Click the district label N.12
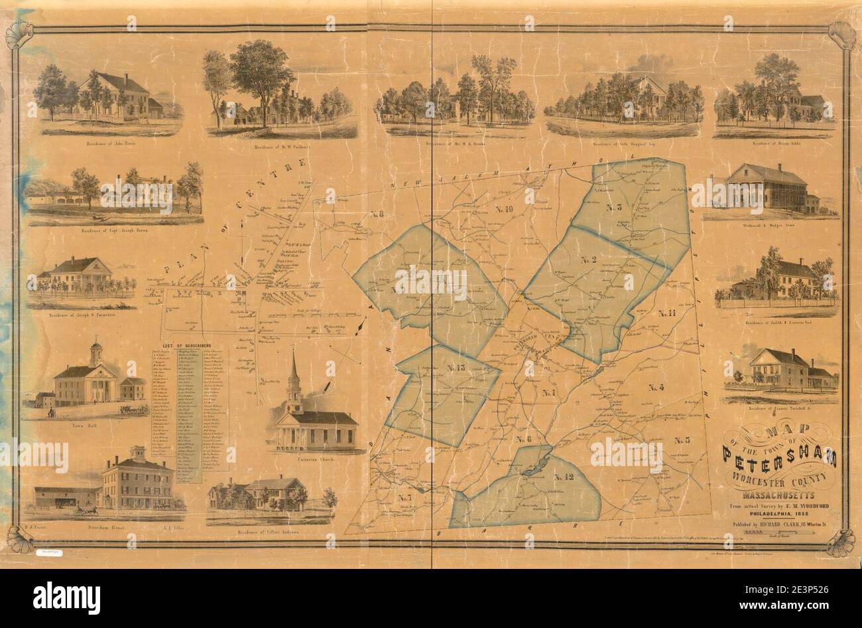[562, 477]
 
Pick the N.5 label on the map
[682, 440]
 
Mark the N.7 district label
[405, 497]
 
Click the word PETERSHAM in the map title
[778, 457]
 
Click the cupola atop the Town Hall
[97, 351]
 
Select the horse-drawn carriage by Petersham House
[86, 510]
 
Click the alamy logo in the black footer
[66, 593]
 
